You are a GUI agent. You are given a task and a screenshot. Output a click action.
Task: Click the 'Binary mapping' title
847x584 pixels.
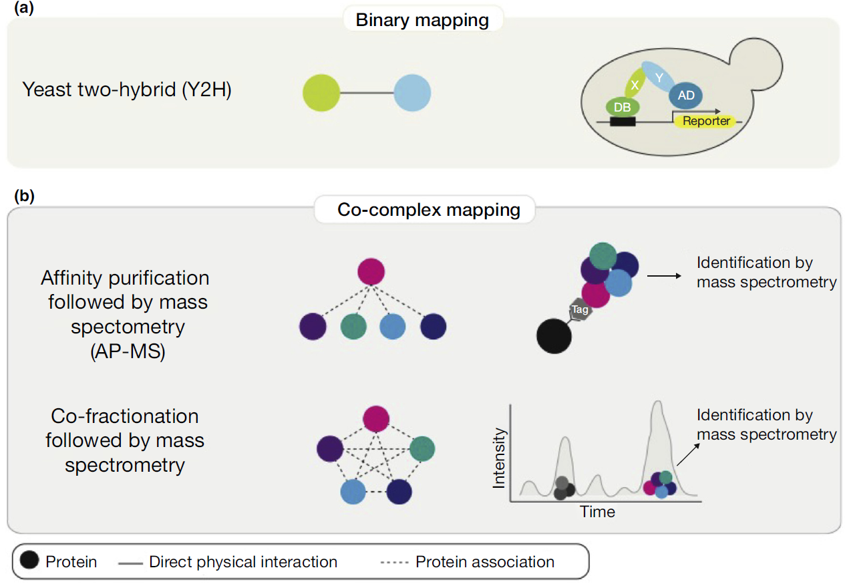(x=422, y=20)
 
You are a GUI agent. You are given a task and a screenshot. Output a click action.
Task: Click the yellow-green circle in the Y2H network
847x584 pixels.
(x=321, y=92)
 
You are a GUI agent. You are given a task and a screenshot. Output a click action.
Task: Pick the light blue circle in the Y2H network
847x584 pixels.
(x=412, y=92)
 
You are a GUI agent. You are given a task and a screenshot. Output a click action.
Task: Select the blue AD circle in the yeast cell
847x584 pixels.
(x=686, y=96)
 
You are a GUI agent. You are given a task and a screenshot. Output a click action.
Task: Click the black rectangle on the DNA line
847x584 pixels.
(x=622, y=122)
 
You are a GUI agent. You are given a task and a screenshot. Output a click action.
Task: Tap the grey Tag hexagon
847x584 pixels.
(x=579, y=309)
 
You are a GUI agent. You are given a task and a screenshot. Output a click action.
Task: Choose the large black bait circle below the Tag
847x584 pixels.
(x=554, y=336)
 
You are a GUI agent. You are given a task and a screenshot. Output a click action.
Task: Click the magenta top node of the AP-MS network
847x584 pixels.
(x=371, y=272)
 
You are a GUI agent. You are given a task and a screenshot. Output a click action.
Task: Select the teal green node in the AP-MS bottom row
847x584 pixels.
(x=353, y=327)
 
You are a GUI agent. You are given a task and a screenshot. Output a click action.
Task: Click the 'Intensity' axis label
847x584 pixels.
(x=499, y=458)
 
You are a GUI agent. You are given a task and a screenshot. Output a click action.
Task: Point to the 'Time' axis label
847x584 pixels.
(x=597, y=512)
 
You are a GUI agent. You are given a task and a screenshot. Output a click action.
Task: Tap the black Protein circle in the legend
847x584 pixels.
(x=29, y=561)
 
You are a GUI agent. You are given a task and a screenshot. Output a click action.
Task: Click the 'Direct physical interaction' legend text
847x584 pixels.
(x=243, y=562)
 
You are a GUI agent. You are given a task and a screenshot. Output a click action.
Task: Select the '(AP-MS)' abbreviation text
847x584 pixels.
(x=127, y=351)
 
